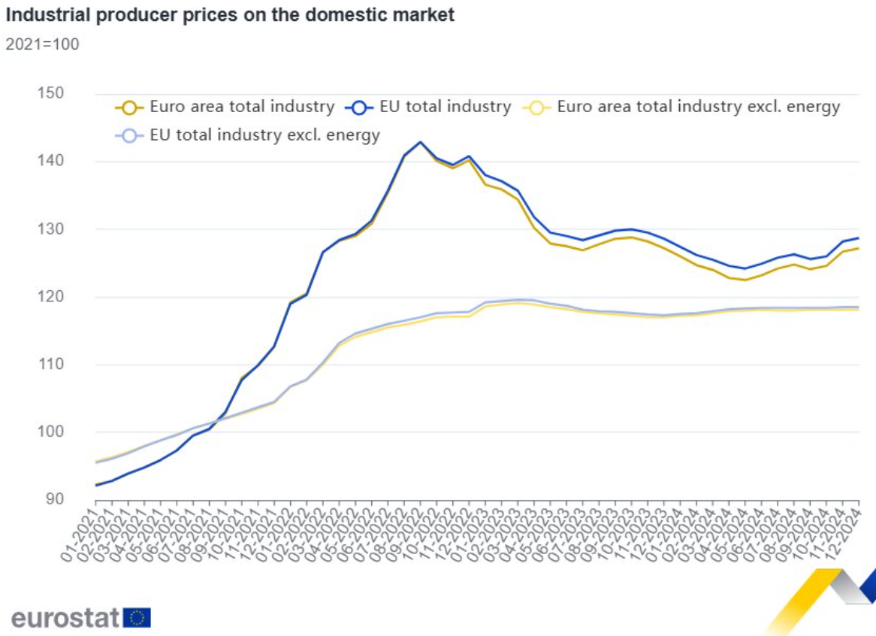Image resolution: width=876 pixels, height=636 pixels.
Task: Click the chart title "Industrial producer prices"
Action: [230, 14]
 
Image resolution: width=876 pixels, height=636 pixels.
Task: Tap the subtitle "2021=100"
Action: [42, 44]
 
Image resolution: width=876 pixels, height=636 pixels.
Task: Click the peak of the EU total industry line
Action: [420, 142]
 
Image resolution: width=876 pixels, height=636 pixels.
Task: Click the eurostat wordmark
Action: [65, 618]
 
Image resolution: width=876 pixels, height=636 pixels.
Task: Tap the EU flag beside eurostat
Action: [137, 618]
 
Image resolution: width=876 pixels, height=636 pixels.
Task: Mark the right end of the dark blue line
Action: [858, 238]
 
